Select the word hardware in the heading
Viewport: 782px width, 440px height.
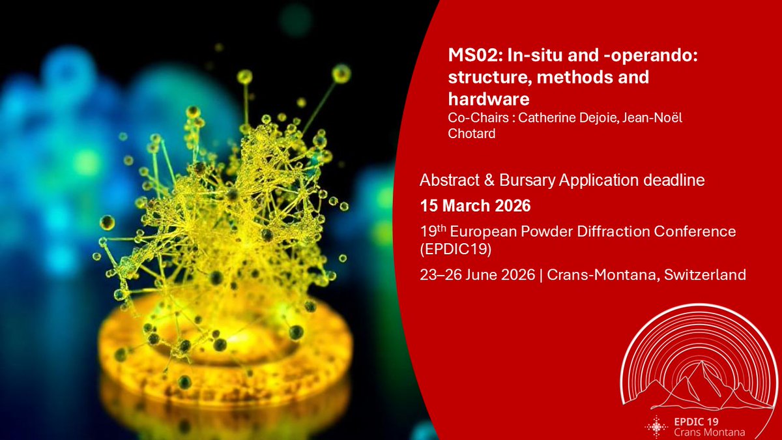tap(489, 99)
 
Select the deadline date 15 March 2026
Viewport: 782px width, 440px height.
tap(476, 207)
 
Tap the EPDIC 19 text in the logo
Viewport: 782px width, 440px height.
tap(699, 420)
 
